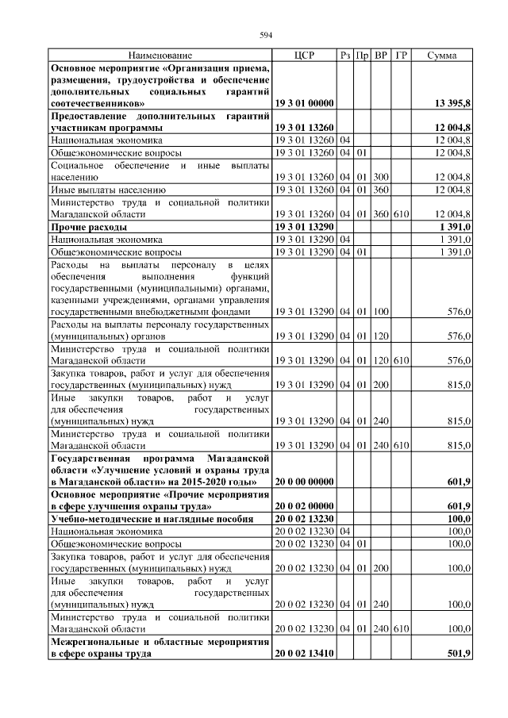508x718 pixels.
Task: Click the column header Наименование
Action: coord(160,56)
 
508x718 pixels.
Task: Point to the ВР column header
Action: coord(381,56)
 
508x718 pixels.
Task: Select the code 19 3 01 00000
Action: coord(304,103)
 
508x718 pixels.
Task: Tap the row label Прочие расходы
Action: coord(84,227)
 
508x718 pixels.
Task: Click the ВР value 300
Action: coord(381,177)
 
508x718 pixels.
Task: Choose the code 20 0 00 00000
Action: coord(304,482)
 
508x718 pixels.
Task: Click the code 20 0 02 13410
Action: coord(304,654)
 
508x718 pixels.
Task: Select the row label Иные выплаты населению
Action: coord(107,190)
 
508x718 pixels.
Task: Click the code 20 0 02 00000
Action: coord(304,505)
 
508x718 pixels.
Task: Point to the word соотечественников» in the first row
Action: coord(97,103)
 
